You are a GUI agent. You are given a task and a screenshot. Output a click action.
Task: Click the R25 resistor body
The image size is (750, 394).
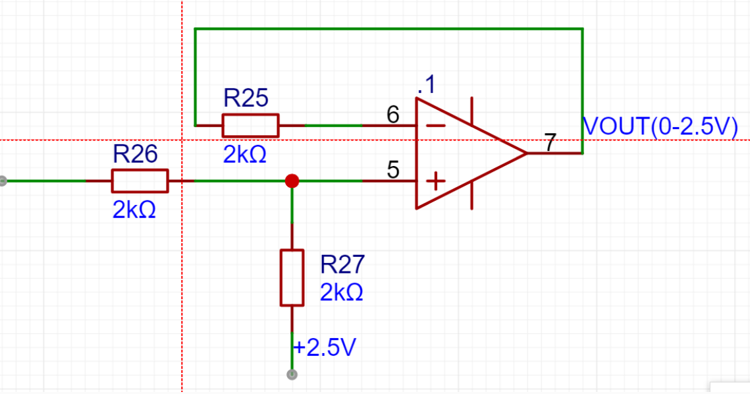point(251,126)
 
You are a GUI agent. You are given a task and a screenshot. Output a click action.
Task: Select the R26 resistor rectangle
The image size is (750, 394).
point(140,181)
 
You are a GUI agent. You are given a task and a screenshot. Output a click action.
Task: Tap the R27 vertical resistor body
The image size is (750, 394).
point(292,277)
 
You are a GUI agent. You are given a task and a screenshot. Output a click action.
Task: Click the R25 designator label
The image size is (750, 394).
point(246,98)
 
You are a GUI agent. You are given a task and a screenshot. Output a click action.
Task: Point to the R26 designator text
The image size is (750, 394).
point(135,154)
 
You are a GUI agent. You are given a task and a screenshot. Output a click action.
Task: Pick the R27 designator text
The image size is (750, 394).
point(342,264)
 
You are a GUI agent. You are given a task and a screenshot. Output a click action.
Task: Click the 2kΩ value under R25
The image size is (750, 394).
point(244,155)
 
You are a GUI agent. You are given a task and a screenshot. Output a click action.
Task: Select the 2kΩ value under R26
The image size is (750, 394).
point(134,210)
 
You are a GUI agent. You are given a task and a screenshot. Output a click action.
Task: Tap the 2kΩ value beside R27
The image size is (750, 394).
point(342,292)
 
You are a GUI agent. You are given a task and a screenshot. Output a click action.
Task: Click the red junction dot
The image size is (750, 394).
point(292,181)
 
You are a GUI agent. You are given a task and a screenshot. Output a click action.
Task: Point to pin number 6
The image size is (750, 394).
point(392,115)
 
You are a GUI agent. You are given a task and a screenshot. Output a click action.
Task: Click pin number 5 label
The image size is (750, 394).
point(392,170)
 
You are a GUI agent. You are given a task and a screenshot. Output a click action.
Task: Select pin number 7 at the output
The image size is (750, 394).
point(550,142)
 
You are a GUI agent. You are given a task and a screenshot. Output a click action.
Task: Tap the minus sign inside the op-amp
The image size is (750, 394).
point(435,126)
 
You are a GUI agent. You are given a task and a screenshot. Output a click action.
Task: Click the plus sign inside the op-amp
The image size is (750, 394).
point(435,181)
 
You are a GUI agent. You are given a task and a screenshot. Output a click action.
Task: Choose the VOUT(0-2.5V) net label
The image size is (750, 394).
point(660,127)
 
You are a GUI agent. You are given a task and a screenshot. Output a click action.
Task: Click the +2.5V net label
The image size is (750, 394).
point(325,347)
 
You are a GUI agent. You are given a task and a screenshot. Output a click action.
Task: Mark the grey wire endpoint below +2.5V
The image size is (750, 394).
point(292,374)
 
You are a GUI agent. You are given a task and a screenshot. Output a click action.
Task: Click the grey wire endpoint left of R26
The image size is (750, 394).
point(3,181)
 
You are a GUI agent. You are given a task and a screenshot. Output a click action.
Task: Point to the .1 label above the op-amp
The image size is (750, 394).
point(426,85)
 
